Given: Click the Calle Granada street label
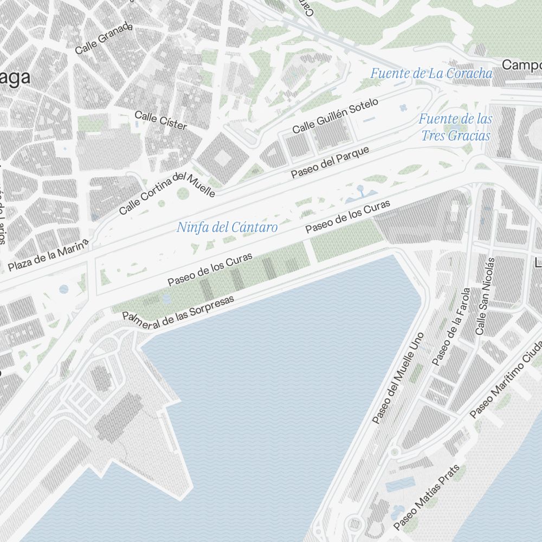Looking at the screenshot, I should point(104,38).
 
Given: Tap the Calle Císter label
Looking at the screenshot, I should point(160,120).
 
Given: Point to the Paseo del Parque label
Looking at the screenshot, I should point(330,162).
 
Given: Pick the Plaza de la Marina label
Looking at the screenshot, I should point(48,256).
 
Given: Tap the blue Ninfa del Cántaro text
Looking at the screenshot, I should point(227,227).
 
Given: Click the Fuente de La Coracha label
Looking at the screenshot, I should point(431,73).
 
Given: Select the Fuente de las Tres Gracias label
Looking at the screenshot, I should point(455,127).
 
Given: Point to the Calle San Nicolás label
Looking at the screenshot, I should point(485,295).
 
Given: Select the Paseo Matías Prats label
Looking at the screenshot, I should point(427,497).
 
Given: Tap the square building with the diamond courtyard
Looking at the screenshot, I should point(222,158).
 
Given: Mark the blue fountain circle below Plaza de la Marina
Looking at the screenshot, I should point(64,289).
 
